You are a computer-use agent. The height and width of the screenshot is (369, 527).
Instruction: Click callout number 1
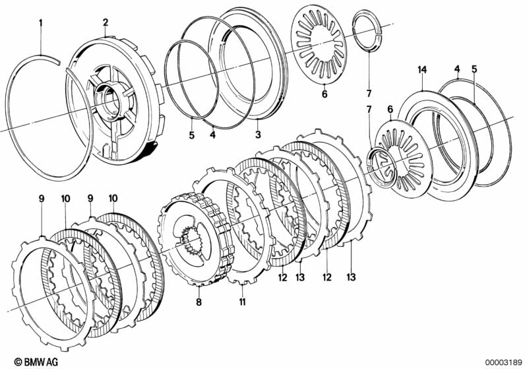(40, 23)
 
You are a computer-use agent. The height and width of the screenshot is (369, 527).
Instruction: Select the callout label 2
(105, 22)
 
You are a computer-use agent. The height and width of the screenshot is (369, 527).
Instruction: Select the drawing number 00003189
(504, 362)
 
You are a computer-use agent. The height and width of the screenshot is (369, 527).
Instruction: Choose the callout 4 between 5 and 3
(212, 135)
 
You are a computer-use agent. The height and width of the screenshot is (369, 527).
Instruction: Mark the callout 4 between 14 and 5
(457, 69)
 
